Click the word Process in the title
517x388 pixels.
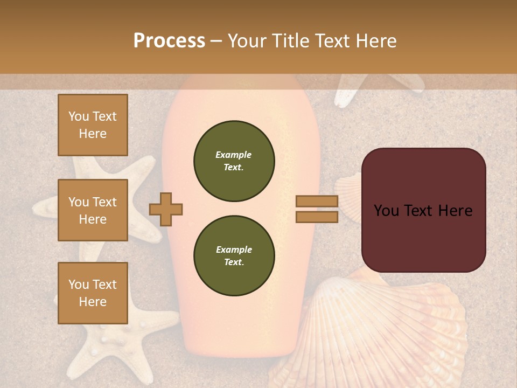tap(169, 41)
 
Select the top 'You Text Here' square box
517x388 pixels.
tap(93, 125)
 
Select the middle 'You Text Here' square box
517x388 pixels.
tap(93, 210)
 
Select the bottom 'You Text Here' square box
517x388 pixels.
tap(93, 293)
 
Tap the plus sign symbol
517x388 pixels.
tap(166, 209)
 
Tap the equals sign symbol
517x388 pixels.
tap(317, 209)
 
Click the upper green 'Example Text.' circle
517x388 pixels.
tap(234, 161)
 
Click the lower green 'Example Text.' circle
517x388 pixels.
tap(234, 256)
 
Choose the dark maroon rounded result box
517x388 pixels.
tap(423, 210)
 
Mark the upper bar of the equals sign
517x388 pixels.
tap(317, 202)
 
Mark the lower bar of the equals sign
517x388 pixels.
tap(317, 217)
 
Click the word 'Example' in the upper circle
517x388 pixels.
tap(234, 155)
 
